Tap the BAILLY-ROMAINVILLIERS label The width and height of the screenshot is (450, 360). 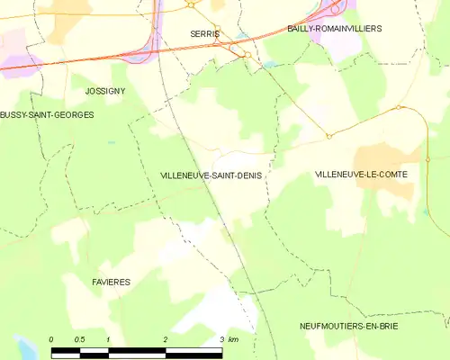pyautogui.click(x=334, y=29)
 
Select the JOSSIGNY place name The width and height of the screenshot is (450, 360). pyautogui.click(x=104, y=92)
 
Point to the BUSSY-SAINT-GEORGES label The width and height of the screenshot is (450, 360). pyautogui.click(x=47, y=115)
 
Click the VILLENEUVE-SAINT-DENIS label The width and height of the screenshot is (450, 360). pyautogui.click(x=211, y=175)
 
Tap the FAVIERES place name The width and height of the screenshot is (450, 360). pyautogui.click(x=111, y=282)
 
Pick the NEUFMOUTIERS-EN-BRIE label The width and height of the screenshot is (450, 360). pyautogui.click(x=349, y=325)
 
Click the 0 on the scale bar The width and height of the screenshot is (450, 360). pyautogui.click(x=51, y=339)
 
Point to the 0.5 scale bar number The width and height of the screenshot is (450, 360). pyautogui.click(x=79, y=339)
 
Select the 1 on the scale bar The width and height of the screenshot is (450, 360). pyautogui.click(x=108, y=339)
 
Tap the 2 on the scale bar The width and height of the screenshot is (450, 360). pyautogui.click(x=166, y=339)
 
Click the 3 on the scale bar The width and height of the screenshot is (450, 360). pyautogui.click(x=221, y=339)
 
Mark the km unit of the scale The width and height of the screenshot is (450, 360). pyautogui.click(x=233, y=339)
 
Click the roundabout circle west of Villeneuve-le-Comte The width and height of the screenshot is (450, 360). pyautogui.click(x=328, y=137)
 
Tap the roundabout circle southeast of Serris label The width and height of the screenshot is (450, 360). pyautogui.click(x=247, y=55)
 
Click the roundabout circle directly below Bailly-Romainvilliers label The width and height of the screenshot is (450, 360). pyautogui.click(x=398, y=107)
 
